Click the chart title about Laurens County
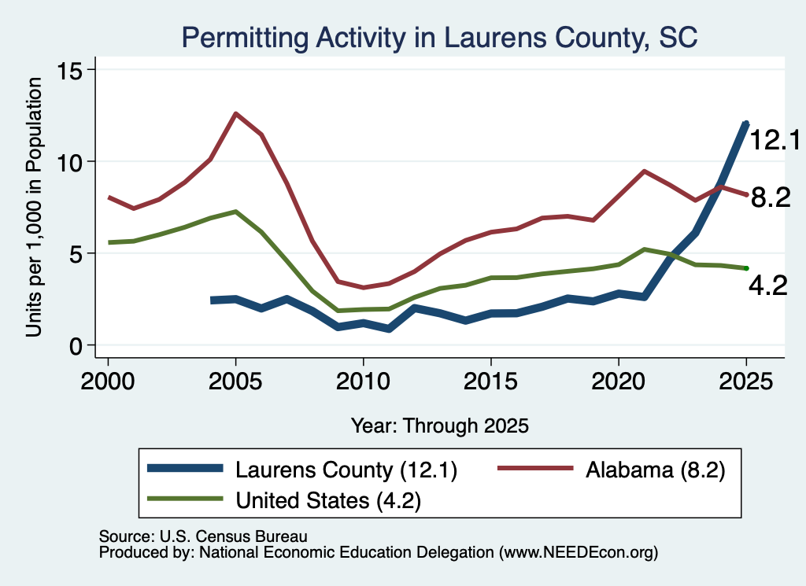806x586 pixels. point(439,38)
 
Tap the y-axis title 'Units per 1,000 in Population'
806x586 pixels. point(34,207)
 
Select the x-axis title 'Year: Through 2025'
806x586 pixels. point(439,426)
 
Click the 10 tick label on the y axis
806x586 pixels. point(69,162)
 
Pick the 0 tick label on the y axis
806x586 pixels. point(76,346)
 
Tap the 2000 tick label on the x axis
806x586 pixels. point(108,381)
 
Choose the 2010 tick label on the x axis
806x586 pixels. point(364,381)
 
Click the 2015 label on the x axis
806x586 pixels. point(491,381)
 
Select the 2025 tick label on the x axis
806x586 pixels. point(746,381)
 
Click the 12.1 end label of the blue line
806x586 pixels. point(775,140)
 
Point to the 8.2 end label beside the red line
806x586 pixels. point(771,197)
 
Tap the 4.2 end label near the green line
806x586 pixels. point(768,286)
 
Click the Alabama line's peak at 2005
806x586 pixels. point(235,113)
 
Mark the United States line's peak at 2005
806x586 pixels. point(235,211)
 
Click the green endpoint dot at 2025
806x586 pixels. point(746,268)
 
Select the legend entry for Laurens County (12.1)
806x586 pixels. point(302,470)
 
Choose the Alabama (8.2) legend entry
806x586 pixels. point(612,470)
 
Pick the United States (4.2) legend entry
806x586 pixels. point(284,499)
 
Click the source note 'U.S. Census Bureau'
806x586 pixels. point(233,536)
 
